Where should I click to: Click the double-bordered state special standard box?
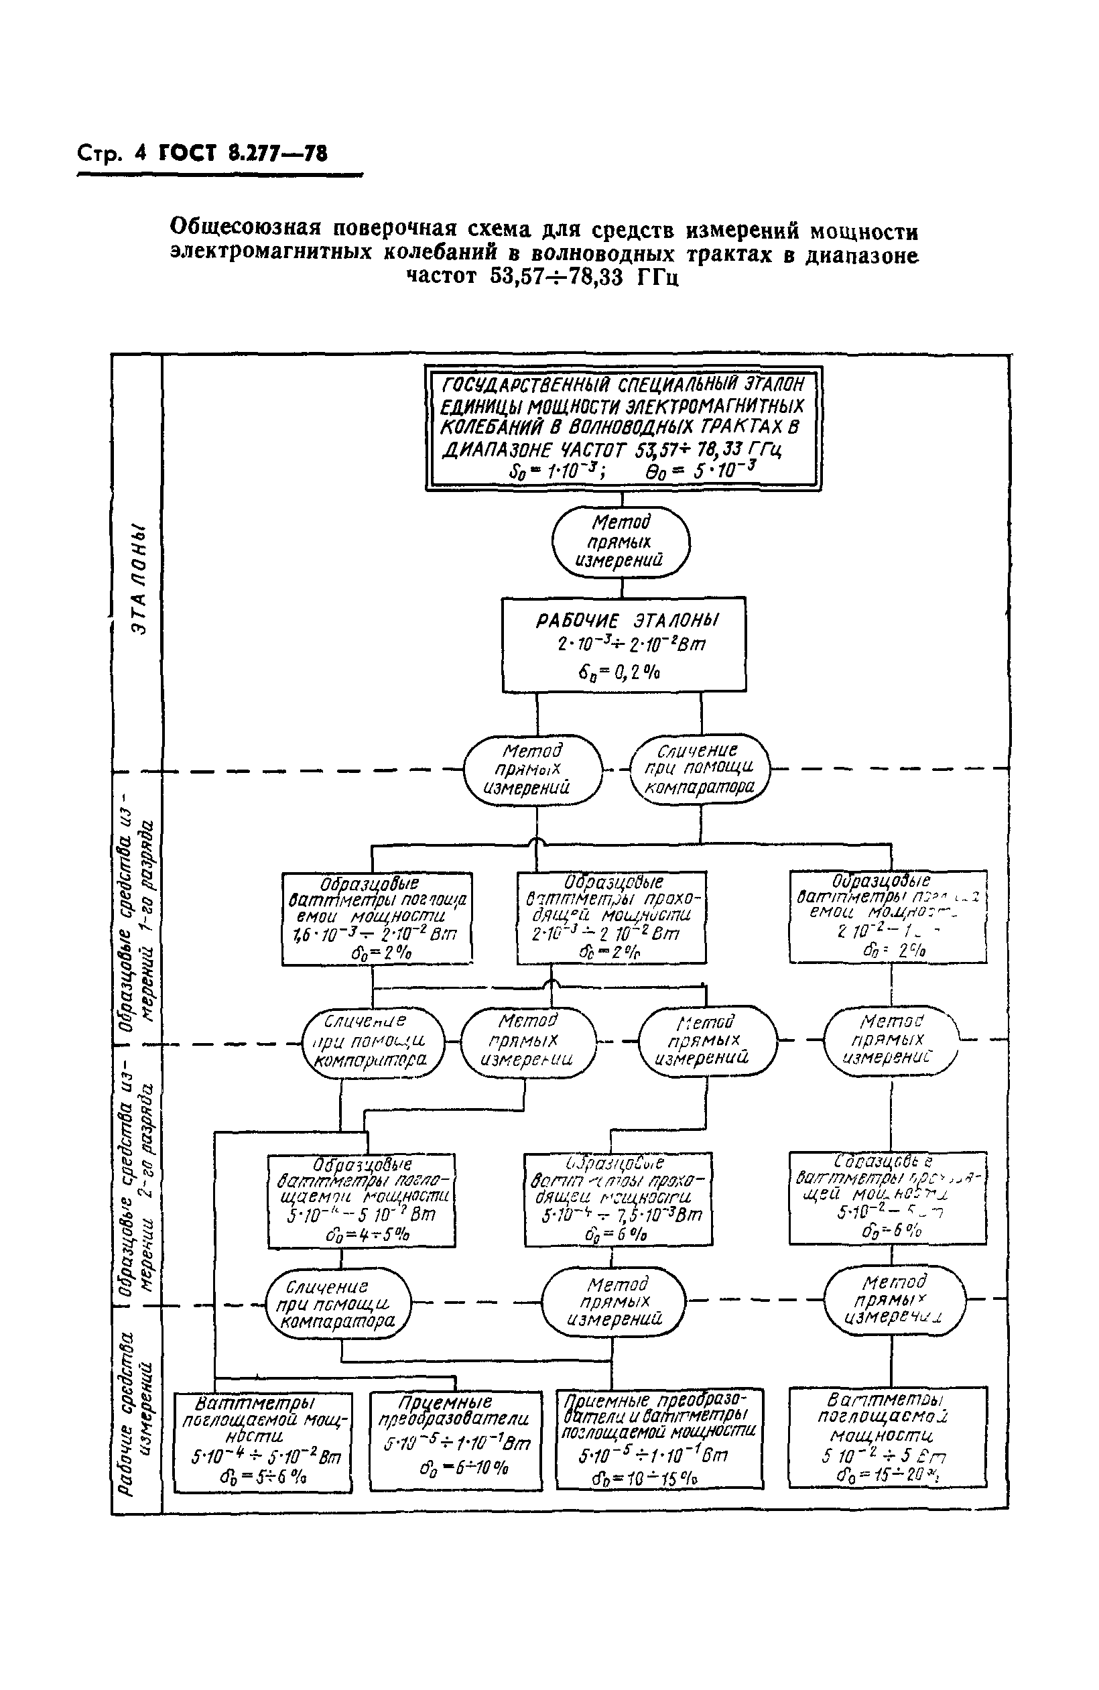[x=623, y=428]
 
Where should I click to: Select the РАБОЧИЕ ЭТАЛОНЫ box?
[x=623, y=644]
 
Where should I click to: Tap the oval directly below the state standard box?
[x=621, y=541]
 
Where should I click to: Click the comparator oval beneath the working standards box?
[x=700, y=769]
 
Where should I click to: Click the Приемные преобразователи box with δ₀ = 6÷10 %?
[x=455, y=1439]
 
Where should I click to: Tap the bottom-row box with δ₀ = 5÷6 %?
[x=263, y=1441]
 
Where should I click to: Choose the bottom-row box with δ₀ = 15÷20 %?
[x=887, y=1436]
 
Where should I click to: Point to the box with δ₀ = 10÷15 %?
[x=659, y=1437]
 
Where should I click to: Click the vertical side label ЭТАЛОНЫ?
[x=139, y=579]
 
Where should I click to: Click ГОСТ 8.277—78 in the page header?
[x=243, y=154]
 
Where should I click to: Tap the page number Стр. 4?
[x=111, y=154]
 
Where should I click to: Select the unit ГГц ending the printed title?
[x=657, y=277]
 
